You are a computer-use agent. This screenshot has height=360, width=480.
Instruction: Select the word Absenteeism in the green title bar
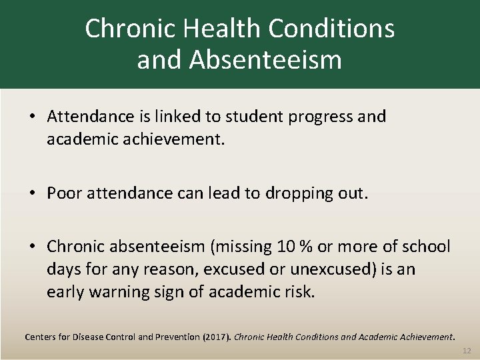click(265, 60)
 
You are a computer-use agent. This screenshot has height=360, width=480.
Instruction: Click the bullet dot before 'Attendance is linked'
click(32, 117)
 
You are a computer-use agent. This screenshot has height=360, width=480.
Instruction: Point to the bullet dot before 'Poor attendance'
click(32, 193)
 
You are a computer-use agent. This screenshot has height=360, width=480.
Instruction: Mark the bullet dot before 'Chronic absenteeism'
click(32, 247)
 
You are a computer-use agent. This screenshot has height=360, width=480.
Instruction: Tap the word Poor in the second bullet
click(63, 193)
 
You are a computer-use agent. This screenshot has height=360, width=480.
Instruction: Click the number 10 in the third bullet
click(284, 247)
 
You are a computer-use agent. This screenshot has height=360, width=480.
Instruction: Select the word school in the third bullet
click(427, 247)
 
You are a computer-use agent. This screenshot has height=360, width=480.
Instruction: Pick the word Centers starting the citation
click(41, 337)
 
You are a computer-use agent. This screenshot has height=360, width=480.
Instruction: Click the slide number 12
click(466, 350)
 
